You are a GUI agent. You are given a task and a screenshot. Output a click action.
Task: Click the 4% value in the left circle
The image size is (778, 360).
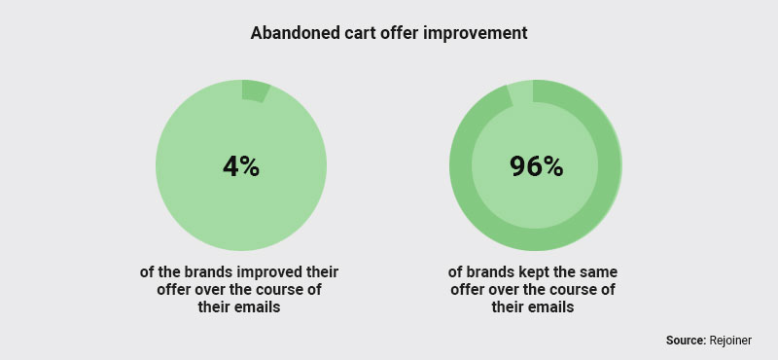[240, 166]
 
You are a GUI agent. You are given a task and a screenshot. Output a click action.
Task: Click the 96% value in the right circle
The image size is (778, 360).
[536, 166]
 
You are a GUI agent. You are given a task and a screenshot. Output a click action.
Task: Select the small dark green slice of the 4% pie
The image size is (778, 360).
[255, 91]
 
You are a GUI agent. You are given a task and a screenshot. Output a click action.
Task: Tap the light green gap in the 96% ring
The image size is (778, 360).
[520, 91]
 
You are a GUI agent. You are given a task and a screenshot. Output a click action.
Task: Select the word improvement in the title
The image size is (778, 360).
[476, 32]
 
